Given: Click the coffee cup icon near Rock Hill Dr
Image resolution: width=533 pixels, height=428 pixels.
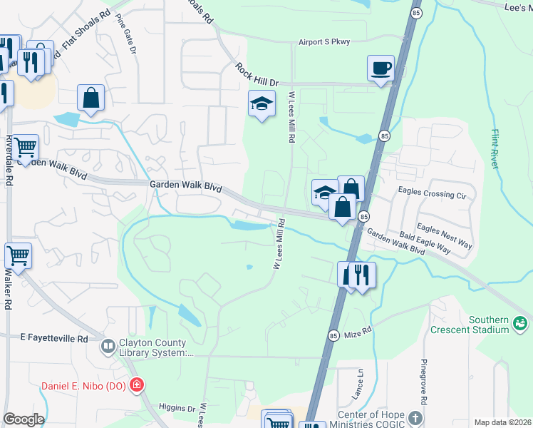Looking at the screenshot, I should (381, 68).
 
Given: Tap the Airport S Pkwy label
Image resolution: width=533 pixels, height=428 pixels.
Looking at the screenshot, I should (324, 42).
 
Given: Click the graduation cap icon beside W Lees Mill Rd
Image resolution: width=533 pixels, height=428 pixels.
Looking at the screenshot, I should (262, 104).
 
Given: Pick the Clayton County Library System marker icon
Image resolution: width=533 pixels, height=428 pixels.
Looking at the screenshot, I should (108, 347).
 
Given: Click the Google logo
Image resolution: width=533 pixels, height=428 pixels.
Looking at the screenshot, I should (24, 419).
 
